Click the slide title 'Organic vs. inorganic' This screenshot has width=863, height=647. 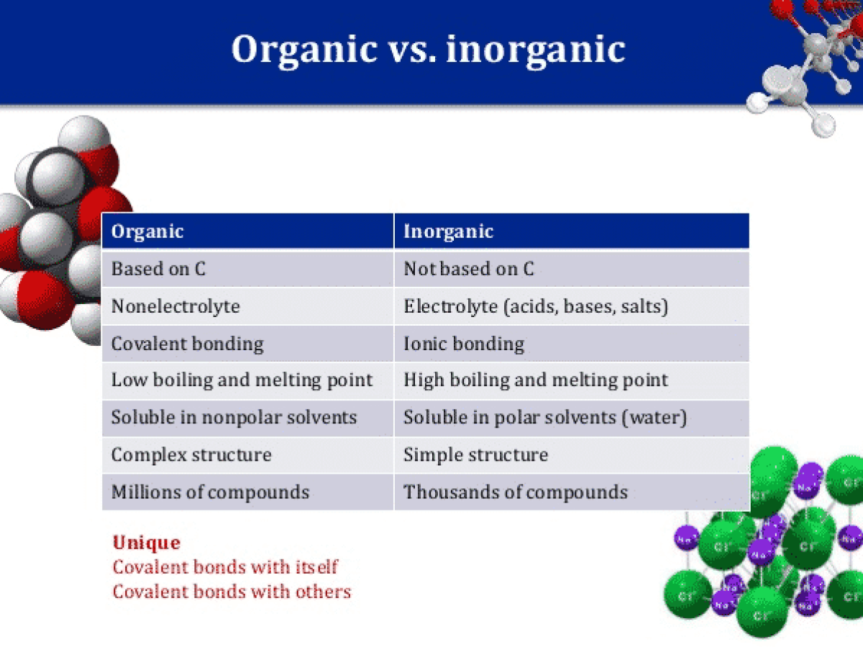428,49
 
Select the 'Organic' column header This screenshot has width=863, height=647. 147,231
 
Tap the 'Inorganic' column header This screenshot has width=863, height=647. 448,231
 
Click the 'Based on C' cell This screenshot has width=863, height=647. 158,269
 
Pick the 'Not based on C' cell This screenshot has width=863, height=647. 469,269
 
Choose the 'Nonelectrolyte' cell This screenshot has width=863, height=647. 175,306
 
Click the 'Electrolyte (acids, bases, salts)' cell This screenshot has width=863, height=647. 536,306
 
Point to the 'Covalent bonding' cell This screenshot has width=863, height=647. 187,344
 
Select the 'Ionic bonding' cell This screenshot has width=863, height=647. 464,344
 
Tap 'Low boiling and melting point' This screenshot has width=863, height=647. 242,380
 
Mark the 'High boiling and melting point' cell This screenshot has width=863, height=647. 536,380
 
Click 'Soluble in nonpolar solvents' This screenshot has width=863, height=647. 234,418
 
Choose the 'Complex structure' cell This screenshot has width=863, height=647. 191,455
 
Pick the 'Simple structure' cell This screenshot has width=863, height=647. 475,455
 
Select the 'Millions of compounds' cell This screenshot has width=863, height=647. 210,492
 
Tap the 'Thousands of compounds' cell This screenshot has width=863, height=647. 515,492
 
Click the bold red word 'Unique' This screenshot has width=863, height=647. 146,543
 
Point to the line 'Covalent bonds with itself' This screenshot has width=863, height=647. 225,567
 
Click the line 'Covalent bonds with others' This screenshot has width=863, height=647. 232,592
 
